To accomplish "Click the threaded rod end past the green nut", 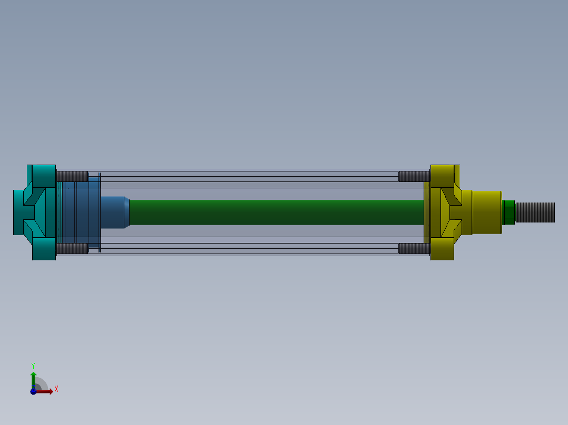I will tap(535, 212).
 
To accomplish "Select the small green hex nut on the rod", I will tap(509, 212).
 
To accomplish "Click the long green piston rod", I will tap(274, 212).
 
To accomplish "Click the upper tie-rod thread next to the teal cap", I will tap(72, 176).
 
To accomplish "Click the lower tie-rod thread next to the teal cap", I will tap(72, 248).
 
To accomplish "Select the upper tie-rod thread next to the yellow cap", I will tap(414, 176).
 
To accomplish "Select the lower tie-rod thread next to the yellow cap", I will tap(414, 248).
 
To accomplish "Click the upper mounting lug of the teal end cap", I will tap(44, 174).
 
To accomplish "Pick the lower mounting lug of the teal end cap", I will tap(44, 250).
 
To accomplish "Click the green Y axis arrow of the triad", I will tap(33, 378).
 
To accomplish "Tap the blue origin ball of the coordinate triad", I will tap(33, 391).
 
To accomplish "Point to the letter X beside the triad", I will tap(56, 389).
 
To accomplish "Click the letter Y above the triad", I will tap(33, 365).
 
